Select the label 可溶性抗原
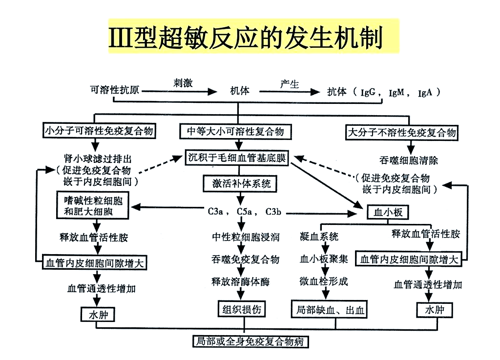click(114, 90)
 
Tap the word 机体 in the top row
click(239, 91)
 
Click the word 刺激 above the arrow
click(183, 82)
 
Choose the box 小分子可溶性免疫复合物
click(99, 131)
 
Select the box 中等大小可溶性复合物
click(236, 132)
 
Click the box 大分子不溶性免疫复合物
click(402, 132)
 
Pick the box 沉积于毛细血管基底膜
click(237, 158)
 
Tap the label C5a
click(244, 212)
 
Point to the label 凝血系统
click(319, 237)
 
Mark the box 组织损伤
click(242, 309)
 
